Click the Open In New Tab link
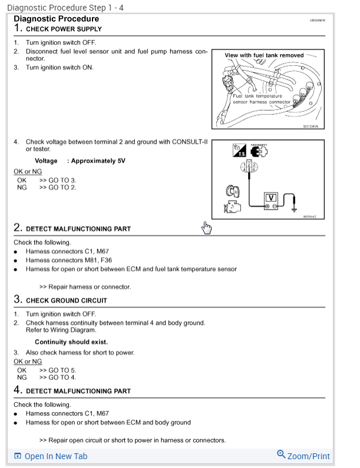[x=56, y=456]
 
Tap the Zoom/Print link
[x=308, y=456]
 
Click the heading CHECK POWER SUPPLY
[x=64, y=29]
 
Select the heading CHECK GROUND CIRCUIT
[x=66, y=300]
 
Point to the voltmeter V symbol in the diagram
[x=270, y=198]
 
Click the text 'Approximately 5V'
[x=98, y=161]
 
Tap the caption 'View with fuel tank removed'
[x=264, y=55]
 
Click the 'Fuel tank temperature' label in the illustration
[x=257, y=95]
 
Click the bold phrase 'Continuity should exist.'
[x=71, y=342]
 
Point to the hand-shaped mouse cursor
[x=206, y=228]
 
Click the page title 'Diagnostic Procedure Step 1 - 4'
[x=65, y=8]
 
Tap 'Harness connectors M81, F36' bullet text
[x=69, y=260]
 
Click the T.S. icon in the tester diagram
[x=239, y=151]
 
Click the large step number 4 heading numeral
[x=18, y=390]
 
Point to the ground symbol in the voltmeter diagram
[x=293, y=207]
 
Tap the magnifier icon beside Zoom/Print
[x=281, y=455]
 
